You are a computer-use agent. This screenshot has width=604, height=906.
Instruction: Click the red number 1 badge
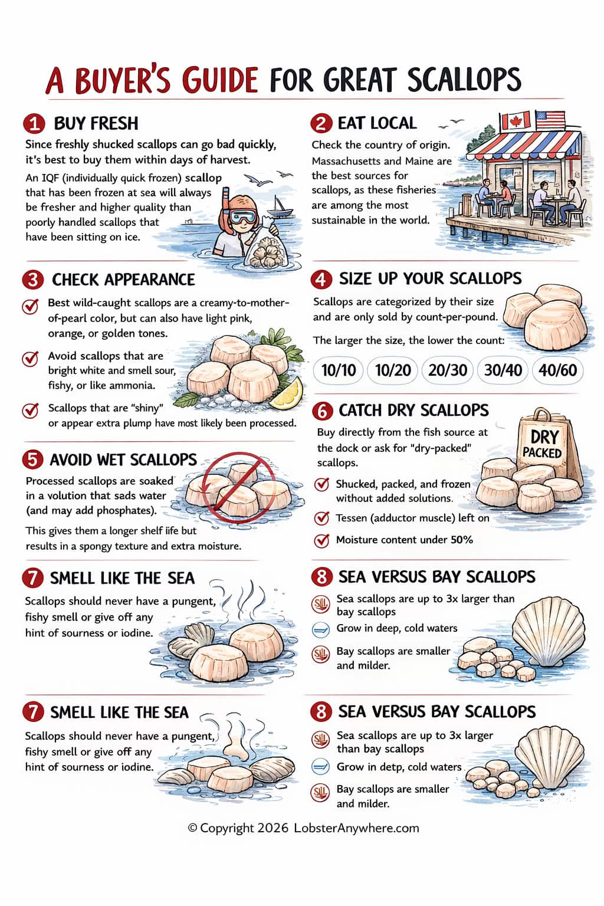34,124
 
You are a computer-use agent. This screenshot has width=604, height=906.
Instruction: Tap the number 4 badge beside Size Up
321,279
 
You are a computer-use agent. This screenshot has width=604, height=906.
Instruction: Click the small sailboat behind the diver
280,207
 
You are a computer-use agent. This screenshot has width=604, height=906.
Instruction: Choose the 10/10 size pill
339,370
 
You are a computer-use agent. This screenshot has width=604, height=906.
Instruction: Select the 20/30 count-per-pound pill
448,370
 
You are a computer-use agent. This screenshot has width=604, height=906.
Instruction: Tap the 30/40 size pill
503,370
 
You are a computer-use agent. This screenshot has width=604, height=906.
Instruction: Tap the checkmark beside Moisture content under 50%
321,540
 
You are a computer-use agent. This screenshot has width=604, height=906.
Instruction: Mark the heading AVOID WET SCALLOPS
123,460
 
